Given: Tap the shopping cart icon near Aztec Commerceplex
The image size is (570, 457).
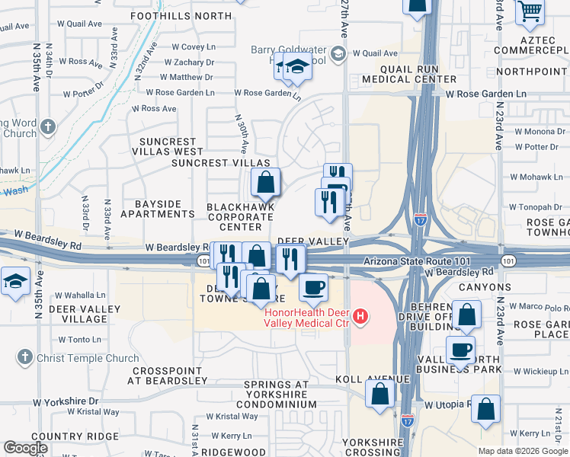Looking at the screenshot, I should [x=530, y=11].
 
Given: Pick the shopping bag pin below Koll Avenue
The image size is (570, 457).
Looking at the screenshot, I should [x=379, y=394].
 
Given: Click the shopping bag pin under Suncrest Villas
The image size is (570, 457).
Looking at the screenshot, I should [x=265, y=183].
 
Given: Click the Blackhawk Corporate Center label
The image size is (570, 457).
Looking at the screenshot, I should [x=240, y=217].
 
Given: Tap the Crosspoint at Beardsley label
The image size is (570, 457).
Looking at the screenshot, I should [x=168, y=375].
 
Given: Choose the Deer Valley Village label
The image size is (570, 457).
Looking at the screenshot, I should [x=85, y=314].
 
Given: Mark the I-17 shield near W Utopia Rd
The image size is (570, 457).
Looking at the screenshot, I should [x=408, y=418].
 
